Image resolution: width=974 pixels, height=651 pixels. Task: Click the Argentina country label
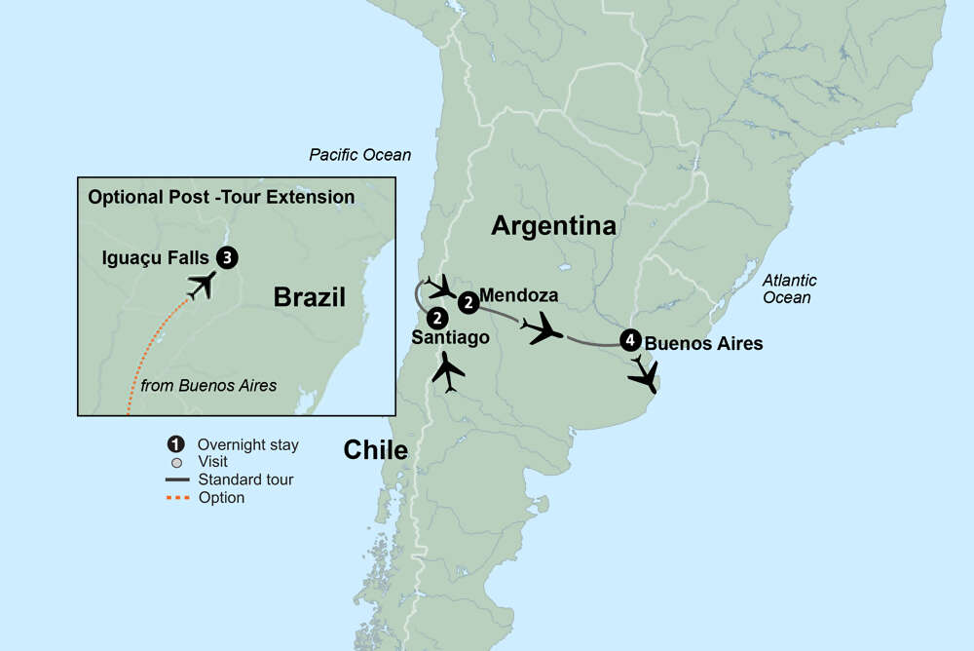553,226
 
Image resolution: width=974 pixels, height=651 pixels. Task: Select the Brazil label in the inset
310,297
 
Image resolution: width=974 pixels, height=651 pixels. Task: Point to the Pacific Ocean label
359,155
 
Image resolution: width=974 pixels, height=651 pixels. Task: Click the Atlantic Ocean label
790,288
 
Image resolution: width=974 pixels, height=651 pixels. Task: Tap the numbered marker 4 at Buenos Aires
629,341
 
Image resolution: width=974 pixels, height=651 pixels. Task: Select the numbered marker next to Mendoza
468,303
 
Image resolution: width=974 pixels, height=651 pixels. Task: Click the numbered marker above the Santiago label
437,318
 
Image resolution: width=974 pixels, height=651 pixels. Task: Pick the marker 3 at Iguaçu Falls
227,257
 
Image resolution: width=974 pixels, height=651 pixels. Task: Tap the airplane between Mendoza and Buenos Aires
543,329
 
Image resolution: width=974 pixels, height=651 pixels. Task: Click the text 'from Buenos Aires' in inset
208,386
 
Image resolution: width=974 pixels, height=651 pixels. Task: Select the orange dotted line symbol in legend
177,498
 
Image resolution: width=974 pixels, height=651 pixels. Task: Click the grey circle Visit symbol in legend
176,462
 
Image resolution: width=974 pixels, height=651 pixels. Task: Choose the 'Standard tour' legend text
245,479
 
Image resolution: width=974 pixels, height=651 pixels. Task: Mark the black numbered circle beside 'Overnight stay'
176,445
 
